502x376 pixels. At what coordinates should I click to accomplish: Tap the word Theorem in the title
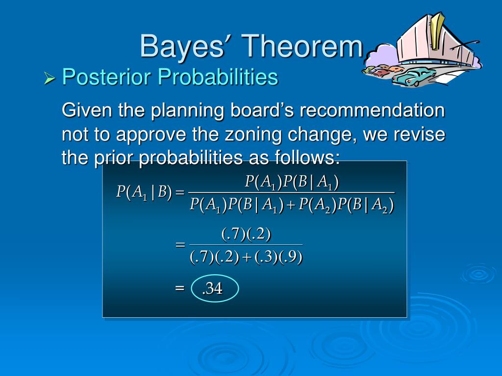[x=302, y=47]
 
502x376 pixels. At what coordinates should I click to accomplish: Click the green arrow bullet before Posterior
[x=50, y=78]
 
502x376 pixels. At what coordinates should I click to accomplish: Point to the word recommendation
[x=373, y=110]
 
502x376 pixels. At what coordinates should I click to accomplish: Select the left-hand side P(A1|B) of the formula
[x=144, y=192]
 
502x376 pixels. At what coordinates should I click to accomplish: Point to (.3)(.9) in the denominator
[x=278, y=258]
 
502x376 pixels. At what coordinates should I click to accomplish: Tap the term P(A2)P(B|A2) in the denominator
[x=346, y=205]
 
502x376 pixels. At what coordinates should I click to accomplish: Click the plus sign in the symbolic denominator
[x=291, y=206]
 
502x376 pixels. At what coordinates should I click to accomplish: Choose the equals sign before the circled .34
[x=180, y=288]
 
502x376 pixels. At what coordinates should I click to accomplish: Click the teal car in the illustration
[x=413, y=77]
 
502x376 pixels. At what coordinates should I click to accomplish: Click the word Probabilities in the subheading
[x=218, y=77]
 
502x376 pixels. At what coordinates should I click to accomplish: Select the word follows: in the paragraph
[x=307, y=157]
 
